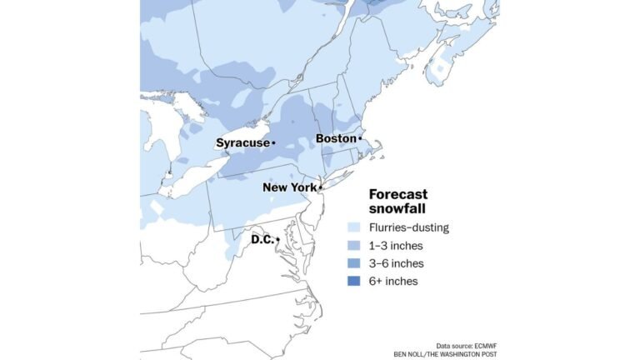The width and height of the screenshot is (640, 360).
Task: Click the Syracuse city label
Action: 242,142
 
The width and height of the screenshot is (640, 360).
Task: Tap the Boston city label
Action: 335,138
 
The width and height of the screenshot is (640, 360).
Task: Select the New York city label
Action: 289,187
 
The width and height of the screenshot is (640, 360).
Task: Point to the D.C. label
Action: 262,239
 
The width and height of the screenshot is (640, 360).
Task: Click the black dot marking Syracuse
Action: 273,143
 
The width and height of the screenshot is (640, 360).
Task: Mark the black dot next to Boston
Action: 360,138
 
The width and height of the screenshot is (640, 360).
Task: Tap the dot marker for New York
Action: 320,187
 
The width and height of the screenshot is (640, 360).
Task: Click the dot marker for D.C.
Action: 277,240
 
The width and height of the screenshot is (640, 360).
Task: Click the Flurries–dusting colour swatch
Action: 354,227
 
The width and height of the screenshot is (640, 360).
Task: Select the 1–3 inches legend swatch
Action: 354,246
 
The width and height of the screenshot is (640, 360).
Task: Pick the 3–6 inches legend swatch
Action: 354,263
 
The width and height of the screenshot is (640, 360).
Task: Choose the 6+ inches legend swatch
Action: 354,281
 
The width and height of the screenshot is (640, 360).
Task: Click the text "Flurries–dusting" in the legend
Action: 408,227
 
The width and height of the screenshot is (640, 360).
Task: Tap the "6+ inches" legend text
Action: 393,281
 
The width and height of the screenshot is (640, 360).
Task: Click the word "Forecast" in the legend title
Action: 398,194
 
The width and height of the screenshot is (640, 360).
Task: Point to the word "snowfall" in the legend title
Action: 397,208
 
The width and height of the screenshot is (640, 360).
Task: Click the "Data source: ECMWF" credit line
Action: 467,345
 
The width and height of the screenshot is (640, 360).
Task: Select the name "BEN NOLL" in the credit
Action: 413,354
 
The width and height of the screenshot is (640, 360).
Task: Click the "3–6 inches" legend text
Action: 396,263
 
